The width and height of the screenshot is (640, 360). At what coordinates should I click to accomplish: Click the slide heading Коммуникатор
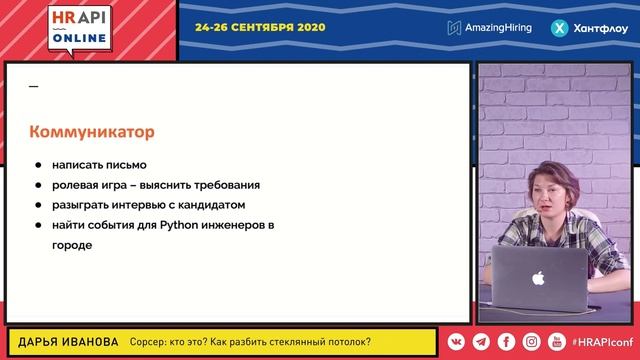click(92, 132)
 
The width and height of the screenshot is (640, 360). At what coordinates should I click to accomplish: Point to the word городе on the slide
click(72, 245)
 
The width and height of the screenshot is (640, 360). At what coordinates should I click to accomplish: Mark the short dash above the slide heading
click(33, 87)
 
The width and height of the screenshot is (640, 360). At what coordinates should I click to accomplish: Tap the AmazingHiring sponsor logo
click(491, 28)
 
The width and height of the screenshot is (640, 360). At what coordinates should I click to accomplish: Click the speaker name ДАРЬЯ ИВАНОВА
click(62, 342)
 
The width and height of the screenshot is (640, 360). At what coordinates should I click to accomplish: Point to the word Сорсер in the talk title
click(152, 342)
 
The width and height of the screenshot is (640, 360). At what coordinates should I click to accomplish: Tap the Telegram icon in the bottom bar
click(481, 342)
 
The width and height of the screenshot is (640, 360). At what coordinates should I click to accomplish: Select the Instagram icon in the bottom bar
click(532, 342)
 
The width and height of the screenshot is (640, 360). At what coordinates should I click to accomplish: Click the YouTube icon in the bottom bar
click(557, 342)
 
